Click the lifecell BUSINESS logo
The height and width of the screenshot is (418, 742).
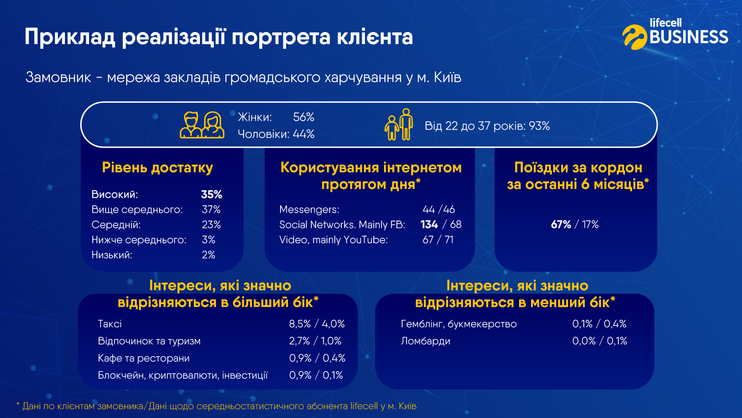pyautogui.click(x=675, y=34)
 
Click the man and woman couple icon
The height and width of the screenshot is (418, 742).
pyautogui.click(x=202, y=125)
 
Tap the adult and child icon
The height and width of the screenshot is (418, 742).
pyautogui.click(x=399, y=125)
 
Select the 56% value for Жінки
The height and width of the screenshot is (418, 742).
pyautogui.click(x=304, y=117)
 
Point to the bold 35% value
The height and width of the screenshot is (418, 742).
pyautogui.click(x=211, y=194)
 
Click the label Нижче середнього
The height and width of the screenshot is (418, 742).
pyautogui.click(x=139, y=240)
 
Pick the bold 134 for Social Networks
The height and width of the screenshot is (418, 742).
pyautogui.click(x=429, y=224)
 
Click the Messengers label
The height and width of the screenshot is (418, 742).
pyautogui.click(x=309, y=209)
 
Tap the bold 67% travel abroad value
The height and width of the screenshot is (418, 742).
pyautogui.click(x=561, y=224)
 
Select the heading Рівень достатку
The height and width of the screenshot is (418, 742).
pyautogui.click(x=157, y=168)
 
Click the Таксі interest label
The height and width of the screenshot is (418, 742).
pyautogui.click(x=110, y=324)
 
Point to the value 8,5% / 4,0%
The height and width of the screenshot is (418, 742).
pyautogui.click(x=317, y=324)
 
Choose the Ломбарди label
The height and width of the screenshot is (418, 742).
pyautogui.click(x=425, y=341)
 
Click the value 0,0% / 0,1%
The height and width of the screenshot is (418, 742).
pyautogui.click(x=599, y=341)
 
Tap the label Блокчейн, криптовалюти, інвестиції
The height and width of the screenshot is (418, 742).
pyautogui.click(x=183, y=375)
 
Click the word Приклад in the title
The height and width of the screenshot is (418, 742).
pyautogui.click(x=70, y=37)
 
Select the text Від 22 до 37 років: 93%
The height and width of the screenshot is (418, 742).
pyautogui.click(x=487, y=126)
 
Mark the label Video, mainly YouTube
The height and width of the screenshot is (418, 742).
pyautogui.click(x=333, y=240)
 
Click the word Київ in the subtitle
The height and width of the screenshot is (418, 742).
pyautogui.click(x=448, y=77)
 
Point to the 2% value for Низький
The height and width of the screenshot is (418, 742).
pyautogui.click(x=208, y=255)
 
